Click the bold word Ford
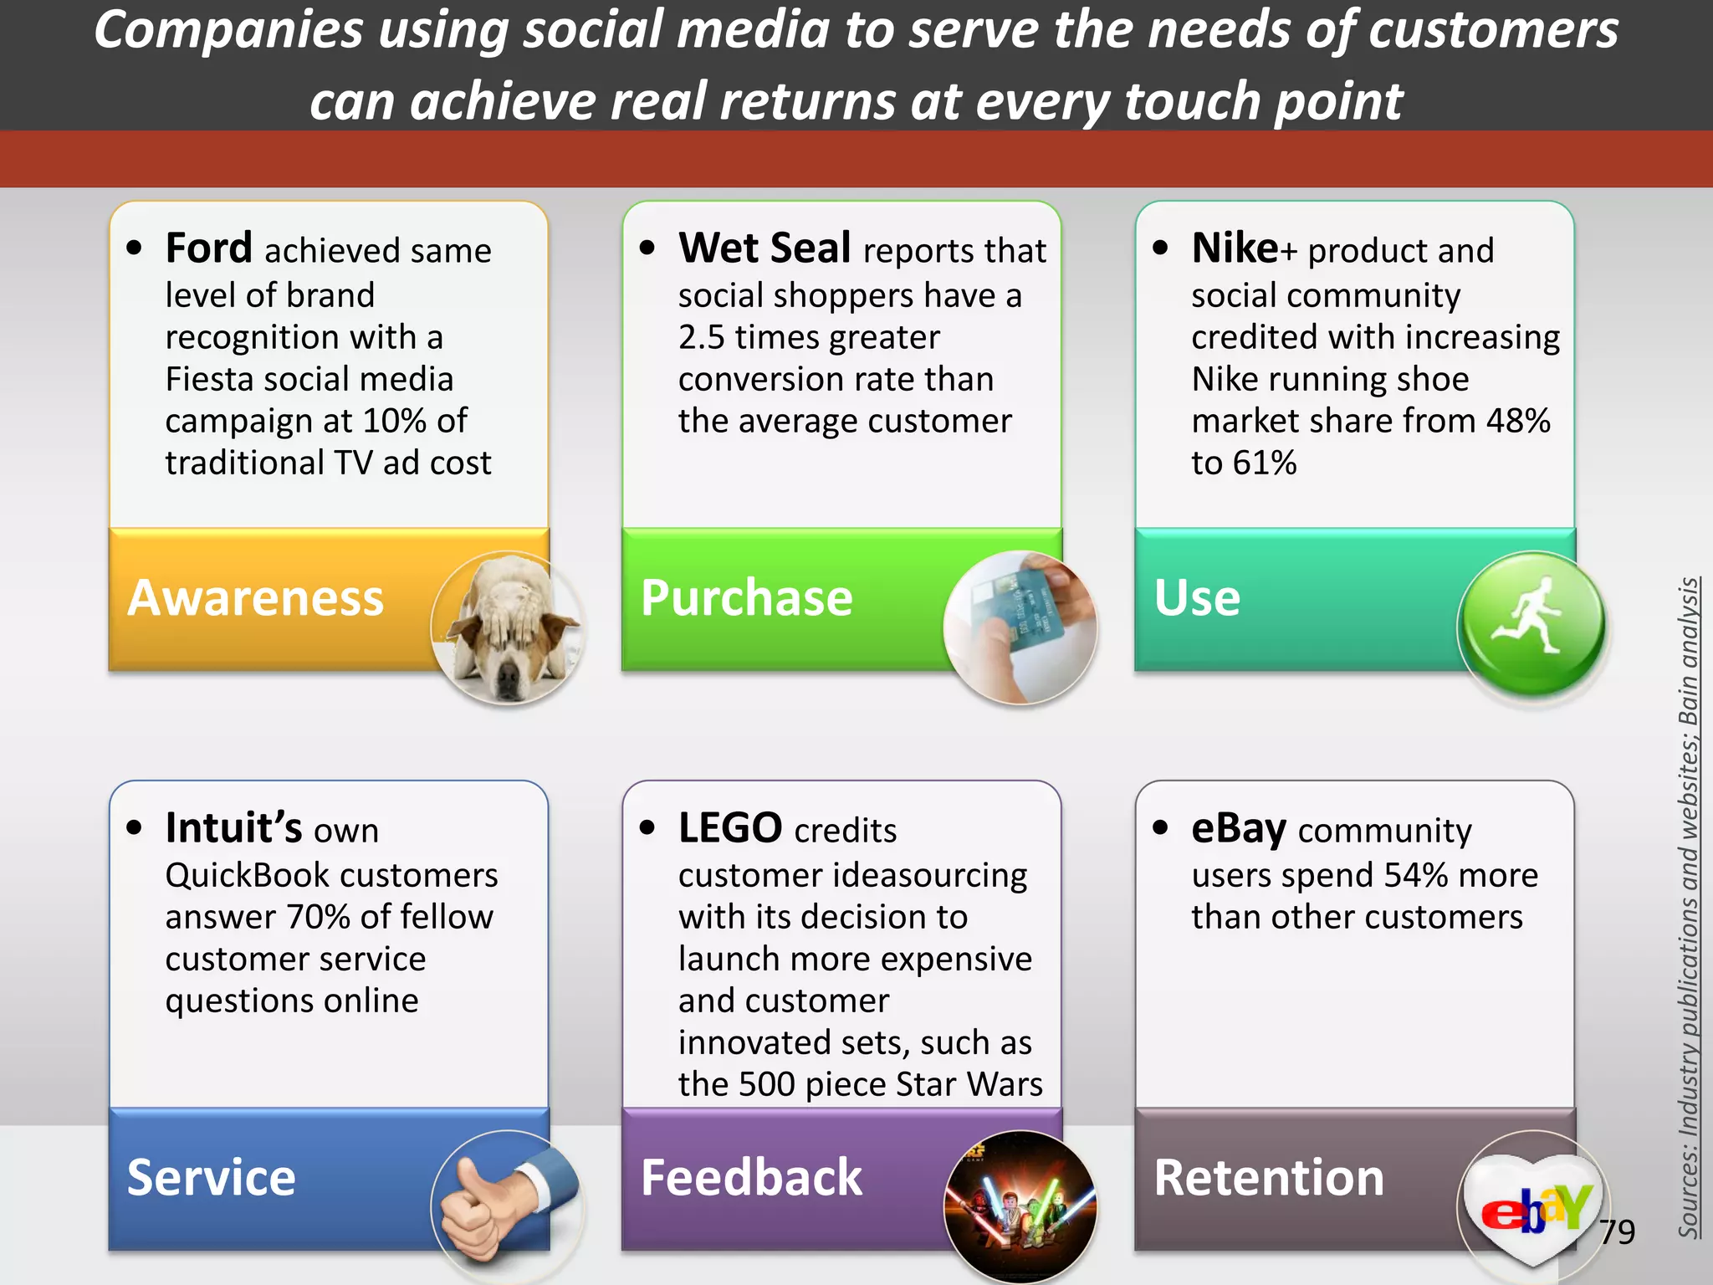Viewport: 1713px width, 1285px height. (208, 248)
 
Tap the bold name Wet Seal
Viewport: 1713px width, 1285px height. (764, 248)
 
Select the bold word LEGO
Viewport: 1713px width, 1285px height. (730, 828)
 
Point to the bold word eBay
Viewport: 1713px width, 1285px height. (1239, 828)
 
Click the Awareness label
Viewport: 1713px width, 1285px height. (255, 598)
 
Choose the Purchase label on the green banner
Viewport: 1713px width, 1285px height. (746, 598)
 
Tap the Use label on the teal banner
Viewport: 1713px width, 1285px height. (1197, 598)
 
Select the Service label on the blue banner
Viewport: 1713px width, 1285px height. (211, 1178)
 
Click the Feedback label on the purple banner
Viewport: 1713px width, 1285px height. (751, 1178)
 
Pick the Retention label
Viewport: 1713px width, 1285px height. (1269, 1178)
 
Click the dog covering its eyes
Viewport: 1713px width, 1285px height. (507, 627)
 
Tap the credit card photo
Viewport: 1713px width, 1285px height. (1020, 627)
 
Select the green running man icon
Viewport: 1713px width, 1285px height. (1531, 623)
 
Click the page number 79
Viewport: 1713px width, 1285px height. (1617, 1231)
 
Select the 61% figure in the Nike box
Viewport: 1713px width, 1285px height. (1268, 463)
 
